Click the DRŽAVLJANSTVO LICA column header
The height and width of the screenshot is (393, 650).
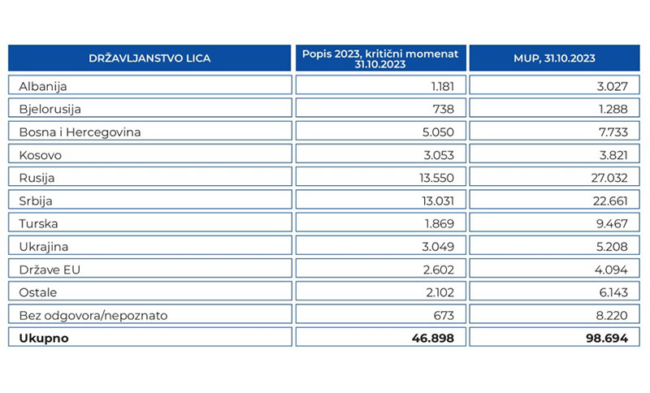(x=149, y=58)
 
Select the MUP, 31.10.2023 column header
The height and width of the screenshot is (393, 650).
(x=554, y=58)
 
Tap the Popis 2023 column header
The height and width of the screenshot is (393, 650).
(x=380, y=58)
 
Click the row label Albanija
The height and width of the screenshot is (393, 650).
(x=43, y=87)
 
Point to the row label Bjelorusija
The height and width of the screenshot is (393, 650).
(x=50, y=110)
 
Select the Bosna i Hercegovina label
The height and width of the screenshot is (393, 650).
(x=80, y=132)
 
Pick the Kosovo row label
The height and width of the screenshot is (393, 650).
(x=40, y=155)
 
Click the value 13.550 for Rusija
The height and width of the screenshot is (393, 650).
(x=436, y=178)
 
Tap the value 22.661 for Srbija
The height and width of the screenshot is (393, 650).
(x=610, y=201)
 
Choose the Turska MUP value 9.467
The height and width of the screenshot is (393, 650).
(x=612, y=223)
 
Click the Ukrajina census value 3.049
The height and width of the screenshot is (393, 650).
(x=438, y=247)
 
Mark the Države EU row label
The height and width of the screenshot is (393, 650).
(x=50, y=270)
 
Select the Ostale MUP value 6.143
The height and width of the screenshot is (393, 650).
(x=613, y=292)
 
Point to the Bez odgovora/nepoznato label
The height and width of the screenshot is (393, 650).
(x=93, y=316)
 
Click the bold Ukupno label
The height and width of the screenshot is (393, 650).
(x=44, y=339)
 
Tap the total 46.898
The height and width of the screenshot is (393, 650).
(x=433, y=339)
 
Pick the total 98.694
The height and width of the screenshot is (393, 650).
(x=607, y=339)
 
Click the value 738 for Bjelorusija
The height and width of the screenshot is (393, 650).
(x=443, y=110)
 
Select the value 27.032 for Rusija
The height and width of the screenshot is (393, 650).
(x=609, y=178)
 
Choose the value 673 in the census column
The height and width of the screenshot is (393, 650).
(x=444, y=316)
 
